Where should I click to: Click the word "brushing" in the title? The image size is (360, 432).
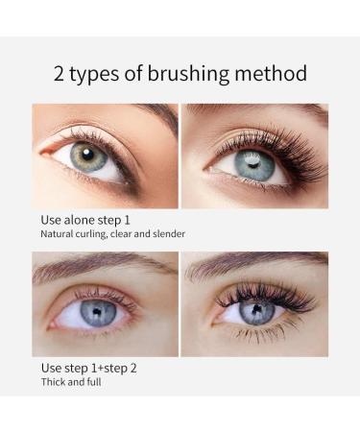[x=188, y=75]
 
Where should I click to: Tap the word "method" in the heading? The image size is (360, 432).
[x=271, y=73]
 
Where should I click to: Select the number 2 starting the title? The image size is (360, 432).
[x=59, y=74]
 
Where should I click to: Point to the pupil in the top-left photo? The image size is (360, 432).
[x=87, y=155]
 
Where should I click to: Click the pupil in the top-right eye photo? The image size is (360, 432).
[x=253, y=164]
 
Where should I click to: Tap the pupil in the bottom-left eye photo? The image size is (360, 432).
[x=97, y=311]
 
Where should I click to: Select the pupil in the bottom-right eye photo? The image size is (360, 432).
[x=255, y=309]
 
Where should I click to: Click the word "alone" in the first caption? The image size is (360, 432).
[x=79, y=220]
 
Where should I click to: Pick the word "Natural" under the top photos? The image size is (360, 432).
[x=57, y=234]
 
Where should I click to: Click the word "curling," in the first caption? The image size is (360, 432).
[x=91, y=234]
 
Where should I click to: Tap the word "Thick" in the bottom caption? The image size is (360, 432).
[x=53, y=382]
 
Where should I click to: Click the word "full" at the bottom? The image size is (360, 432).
[x=94, y=382]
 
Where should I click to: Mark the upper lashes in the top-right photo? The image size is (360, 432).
[x=276, y=144]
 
